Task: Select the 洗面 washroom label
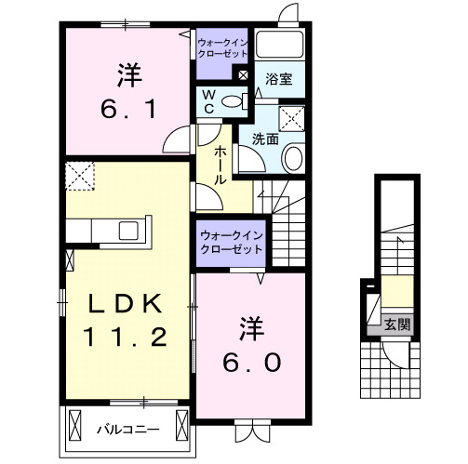[x=265, y=139]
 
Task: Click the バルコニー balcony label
[x=127, y=430]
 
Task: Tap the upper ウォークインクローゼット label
[x=221, y=46]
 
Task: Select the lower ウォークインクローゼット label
[x=229, y=244]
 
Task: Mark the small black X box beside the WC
[x=242, y=74]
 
